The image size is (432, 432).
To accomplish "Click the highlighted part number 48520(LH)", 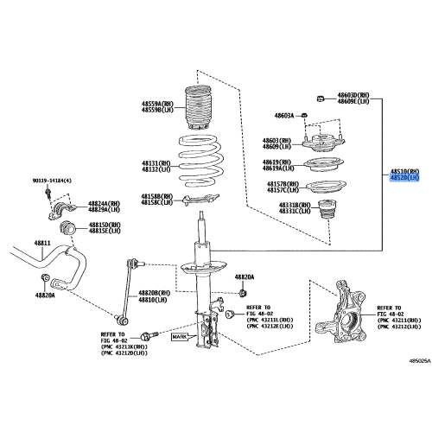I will [x=403, y=178].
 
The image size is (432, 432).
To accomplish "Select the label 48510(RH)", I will [x=403, y=171].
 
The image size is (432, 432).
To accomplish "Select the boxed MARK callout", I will [x=179, y=338].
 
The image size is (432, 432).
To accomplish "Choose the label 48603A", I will [x=285, y=115].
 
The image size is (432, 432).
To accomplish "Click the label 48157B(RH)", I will [x=283, y=184].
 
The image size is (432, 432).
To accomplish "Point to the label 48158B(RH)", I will [x=157, y=196].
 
